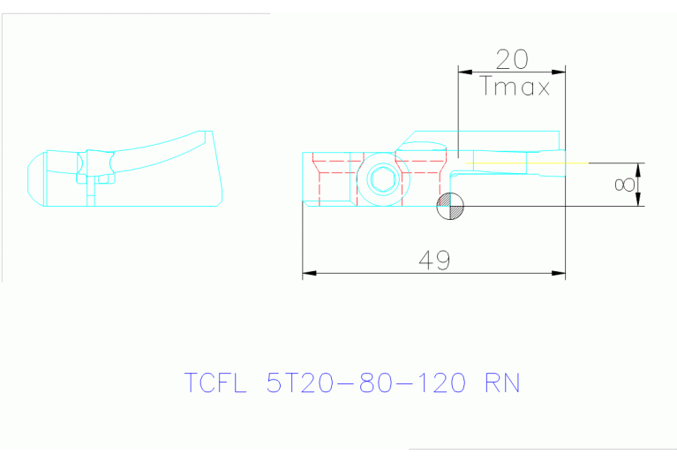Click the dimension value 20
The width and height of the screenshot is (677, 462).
[512, 59]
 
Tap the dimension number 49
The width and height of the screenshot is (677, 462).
[434, 260]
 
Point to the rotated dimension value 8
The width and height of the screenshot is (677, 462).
[624, 185]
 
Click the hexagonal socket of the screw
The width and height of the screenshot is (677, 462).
[382, 179]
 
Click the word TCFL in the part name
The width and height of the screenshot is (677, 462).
[216, 383]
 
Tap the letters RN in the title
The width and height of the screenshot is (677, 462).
[502, 383]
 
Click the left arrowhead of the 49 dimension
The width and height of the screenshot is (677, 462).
[309, 274]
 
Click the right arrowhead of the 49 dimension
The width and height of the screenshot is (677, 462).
[560, 274]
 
